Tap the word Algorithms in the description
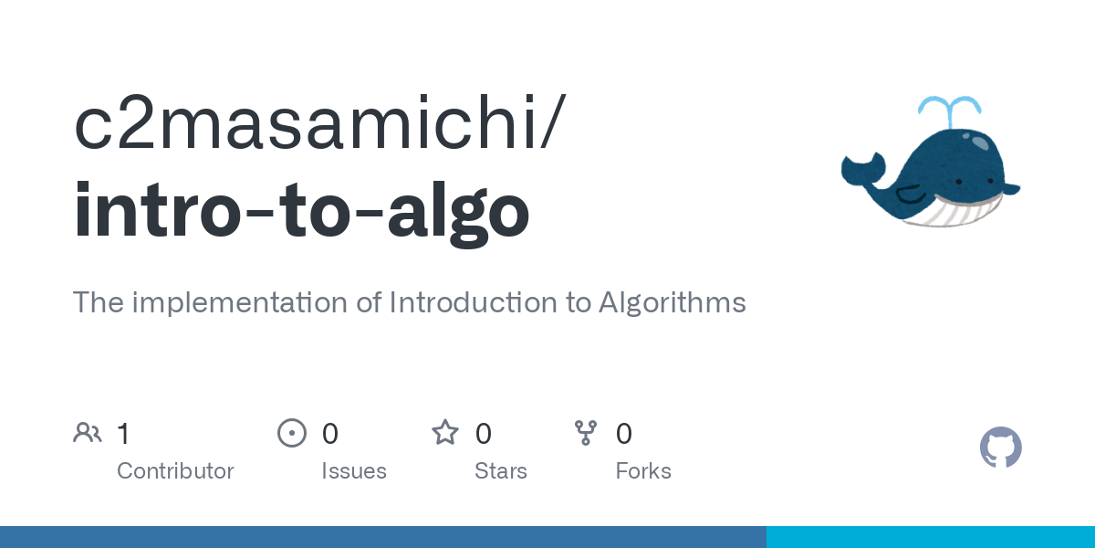[x=672, y=302]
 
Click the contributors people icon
[x=88, y=433]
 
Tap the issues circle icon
[x=291, y=433]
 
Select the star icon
[x=445, y=433]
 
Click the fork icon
[x=585, y=433]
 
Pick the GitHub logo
[x=1000, y=448]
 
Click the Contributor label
[x=175, y=471]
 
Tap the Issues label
[x=354, y=471]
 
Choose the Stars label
[x=501, y=471]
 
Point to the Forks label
[x=643, y=471]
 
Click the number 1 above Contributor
[x=123, y=433]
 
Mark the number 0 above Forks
[x=624, y=433]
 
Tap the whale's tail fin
[x=862, y=169]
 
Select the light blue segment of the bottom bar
[x=931, y=537]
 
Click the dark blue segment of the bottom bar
[x=383, y=537]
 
